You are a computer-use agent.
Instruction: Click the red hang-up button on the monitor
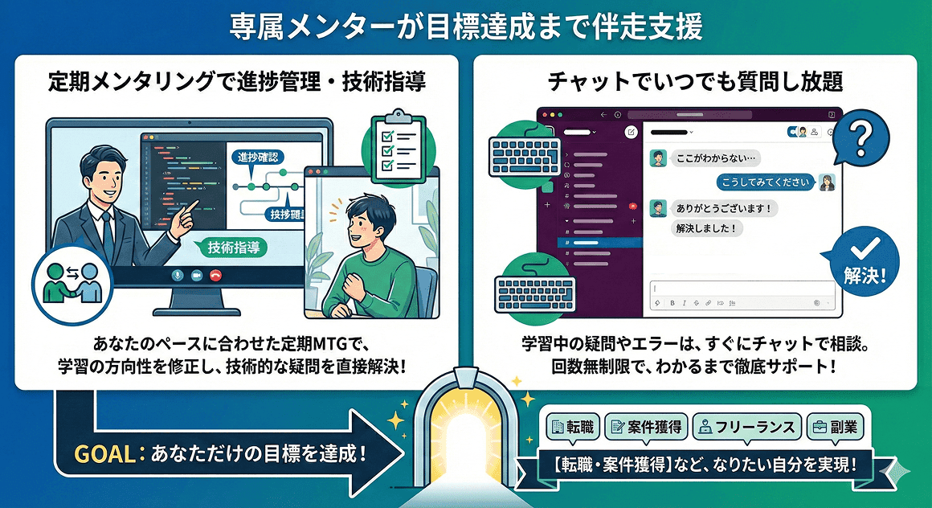tap(215, 275)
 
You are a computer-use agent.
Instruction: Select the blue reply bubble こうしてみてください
tap(759, 182)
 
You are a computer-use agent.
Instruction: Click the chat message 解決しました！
tap(706, 228)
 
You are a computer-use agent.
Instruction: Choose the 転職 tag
tap(572, 426)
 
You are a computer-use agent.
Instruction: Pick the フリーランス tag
tap(747, 426)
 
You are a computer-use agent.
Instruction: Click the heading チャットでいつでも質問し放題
tap(695, 82)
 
